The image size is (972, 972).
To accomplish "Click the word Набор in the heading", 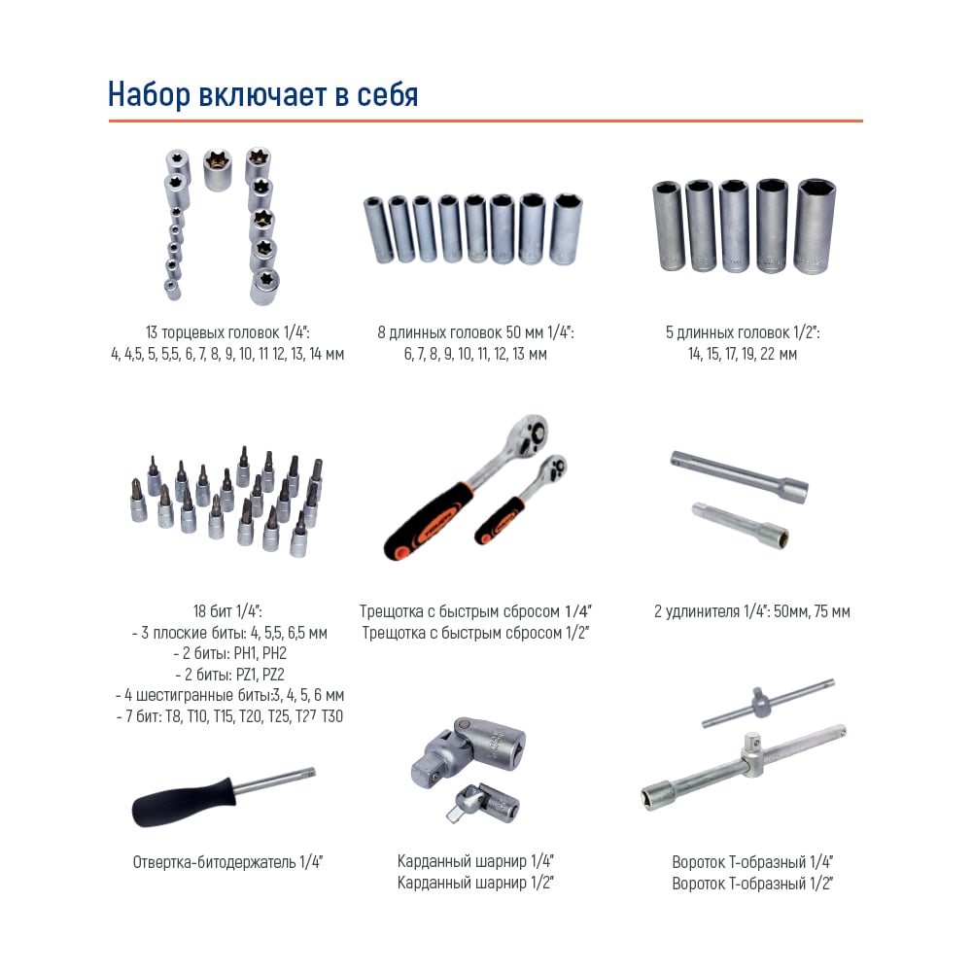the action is [149, 94].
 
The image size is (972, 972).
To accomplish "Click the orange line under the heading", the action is [485, 121].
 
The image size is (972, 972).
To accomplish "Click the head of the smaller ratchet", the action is [553, 469].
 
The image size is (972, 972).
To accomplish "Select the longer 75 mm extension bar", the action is [740, 476].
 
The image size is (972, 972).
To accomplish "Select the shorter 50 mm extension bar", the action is [741, 525].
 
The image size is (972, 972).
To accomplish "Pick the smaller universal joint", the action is [483, 804].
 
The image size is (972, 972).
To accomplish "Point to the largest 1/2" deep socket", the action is [816, 226].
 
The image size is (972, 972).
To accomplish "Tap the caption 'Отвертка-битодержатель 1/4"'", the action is [227, 862].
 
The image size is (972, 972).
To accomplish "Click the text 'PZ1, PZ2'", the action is [260, 674].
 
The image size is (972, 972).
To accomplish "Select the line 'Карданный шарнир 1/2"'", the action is [475, 883].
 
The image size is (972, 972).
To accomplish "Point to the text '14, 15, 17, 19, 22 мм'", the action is [742, 354].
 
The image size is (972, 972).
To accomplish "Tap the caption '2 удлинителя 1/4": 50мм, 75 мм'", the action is [752, 611].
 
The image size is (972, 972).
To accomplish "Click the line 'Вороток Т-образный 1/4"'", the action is [752, 862].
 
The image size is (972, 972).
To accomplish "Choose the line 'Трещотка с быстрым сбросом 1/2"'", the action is [475, 633].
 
